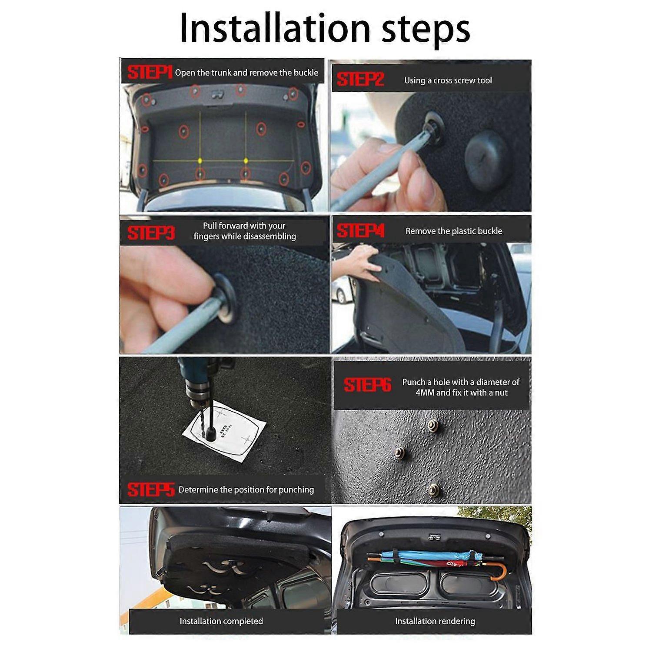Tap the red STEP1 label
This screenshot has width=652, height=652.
point(149,73)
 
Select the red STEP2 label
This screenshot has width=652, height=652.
point(360,80)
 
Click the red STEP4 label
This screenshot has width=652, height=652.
point(360,231)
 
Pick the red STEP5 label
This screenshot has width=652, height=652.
point(151,490)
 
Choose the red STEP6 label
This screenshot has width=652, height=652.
point(367,385)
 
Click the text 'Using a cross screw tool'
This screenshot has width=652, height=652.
point(448,80)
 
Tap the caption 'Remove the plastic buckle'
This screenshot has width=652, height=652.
point(453,231)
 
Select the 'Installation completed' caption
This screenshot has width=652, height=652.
point(221,621)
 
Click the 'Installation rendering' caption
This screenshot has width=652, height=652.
point(435,621)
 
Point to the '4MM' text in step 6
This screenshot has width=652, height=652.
point(425,393)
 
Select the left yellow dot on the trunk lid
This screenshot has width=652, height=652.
point(200,160)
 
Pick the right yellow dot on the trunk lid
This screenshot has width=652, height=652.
point(246,160)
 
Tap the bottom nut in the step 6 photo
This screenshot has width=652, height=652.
point(433,490)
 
